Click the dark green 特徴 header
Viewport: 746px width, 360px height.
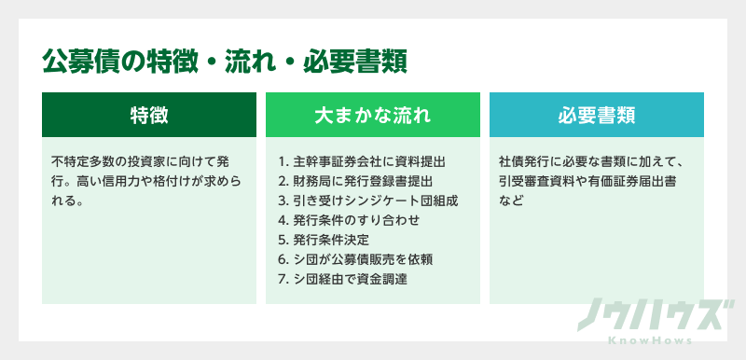[149, 116]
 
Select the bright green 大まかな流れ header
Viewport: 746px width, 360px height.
[372, 116]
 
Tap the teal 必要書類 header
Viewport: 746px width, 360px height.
[596, 116]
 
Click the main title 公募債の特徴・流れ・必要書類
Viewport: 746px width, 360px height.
[224, 62]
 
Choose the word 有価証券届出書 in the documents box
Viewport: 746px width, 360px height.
[645, 180]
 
